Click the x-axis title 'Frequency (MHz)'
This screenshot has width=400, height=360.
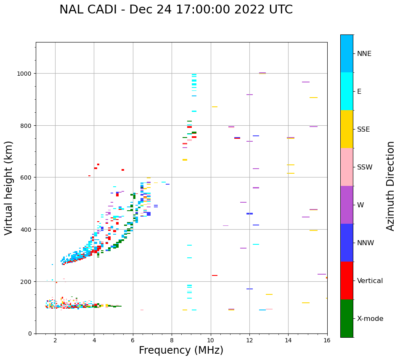pyautogui.click(x=181, y=350)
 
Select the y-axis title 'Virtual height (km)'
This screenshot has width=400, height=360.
pyautogui.click(x=9, y=188)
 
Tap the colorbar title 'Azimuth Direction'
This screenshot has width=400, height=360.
pyautogui.click(x=391, y=186)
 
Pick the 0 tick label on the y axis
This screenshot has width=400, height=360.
pyautogui.click(x=29, y=334)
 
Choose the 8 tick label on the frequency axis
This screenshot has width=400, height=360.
pyautogui.click(x=172, y=341)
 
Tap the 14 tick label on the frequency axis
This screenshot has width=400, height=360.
pyautogui.click(x=288, y=341)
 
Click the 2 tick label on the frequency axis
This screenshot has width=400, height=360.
pyautogui.click(x=55, y=341)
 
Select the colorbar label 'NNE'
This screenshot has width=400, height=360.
pyautogui.click(x=364, y=54)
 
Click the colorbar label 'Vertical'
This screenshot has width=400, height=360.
pyautogui.click(x=370, y=281)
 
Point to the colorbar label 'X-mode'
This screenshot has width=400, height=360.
pyautogui.click(x=370, y=319)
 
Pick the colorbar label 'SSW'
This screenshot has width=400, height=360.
pyautogui.click(x=365, y=167)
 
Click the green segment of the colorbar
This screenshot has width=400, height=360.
pyautogui.click(x=347, y=318)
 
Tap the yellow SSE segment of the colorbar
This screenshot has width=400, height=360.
pyautogui.click(x=347, y=129)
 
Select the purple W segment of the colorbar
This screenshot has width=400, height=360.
pyautogui.click(x=347, y=205)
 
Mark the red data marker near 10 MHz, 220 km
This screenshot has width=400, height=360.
pyautogui.click(x=215, y=275)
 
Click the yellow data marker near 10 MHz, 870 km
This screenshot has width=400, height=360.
pyautogui.click(x=215, y=107)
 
